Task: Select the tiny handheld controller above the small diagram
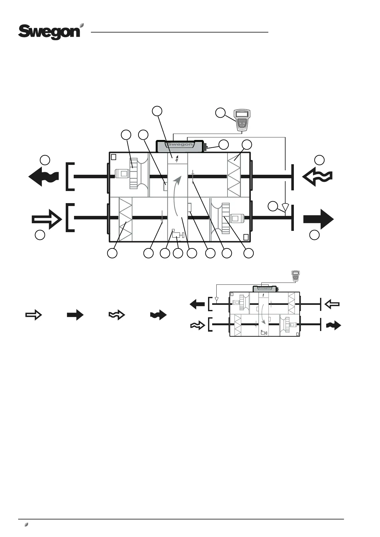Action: pyautogui.click(x=295, y=276)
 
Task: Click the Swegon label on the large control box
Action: pyautogui.click(x=180, y=144)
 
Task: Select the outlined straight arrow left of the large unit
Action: pyautogui.click(x=47, y=219)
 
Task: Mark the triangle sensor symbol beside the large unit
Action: pyautogui.click(x=285, y=208)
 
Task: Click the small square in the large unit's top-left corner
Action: pyautogui.click(x=114, y=157)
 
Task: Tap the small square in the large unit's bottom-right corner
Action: pyautogui.click(x=246, y=237)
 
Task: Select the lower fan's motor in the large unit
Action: pyautogui.click(x=236, y=218)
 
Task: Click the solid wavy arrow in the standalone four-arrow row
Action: pyautogui.click(x=158, y=315)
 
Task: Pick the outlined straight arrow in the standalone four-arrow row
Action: pyautogui.click(x=34, y=315)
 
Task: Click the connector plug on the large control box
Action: pyautogui.click(x=206, y=147)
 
